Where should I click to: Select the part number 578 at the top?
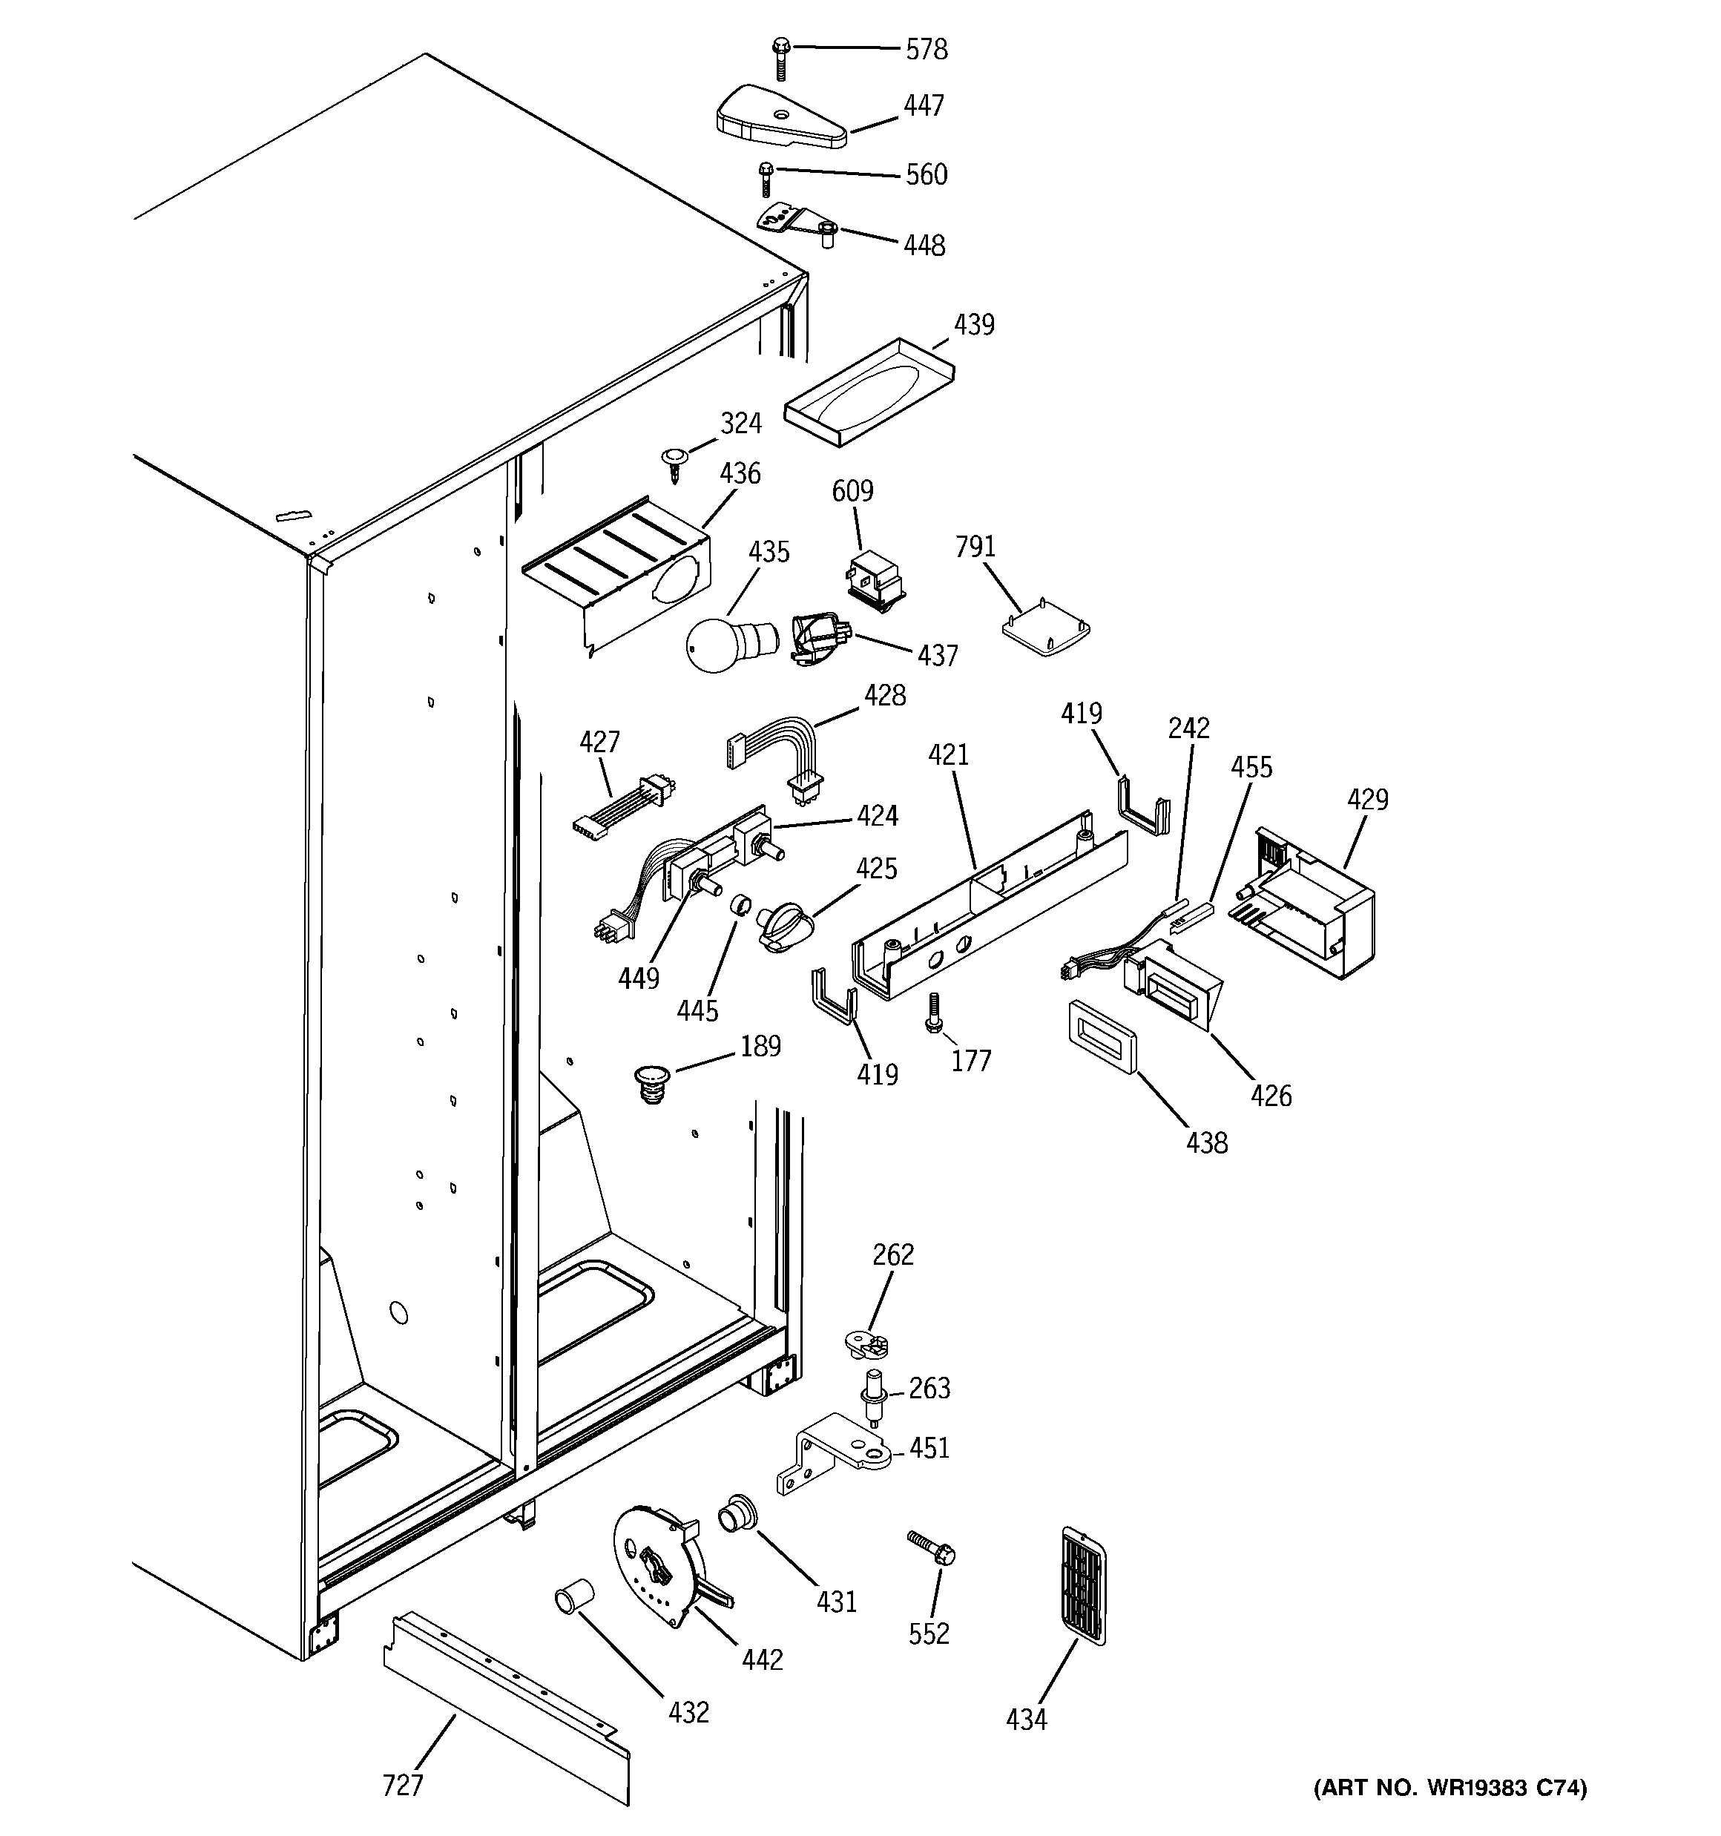(926, 49)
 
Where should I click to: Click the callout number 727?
(403, 1786)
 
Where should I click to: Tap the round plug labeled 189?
(653, 1082)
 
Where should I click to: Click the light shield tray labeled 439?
(869, 392)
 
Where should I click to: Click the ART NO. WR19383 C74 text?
(1449, 1787)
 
